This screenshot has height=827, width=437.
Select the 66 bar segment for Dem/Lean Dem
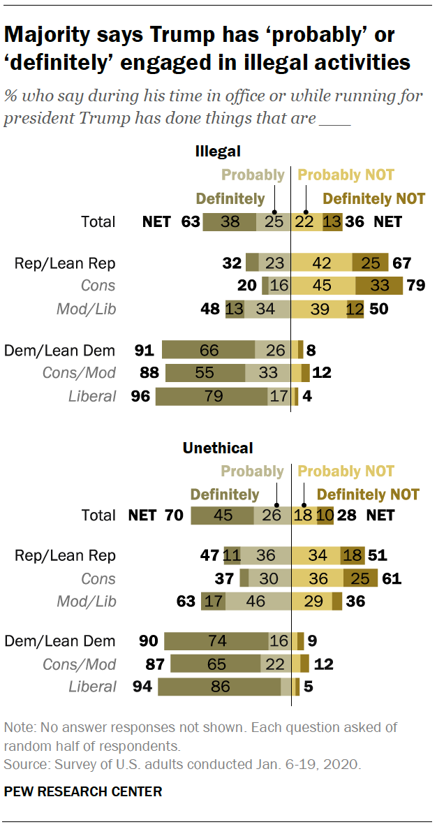point(208,351)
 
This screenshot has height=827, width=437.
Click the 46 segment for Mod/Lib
point(257,601)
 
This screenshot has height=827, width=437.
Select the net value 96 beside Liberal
point(140,397)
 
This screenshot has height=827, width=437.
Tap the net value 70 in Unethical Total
point(174,515)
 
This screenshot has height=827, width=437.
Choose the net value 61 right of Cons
point(391,578)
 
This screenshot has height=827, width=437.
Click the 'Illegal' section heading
point(218,151)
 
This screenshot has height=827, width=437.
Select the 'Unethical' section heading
point(218,448)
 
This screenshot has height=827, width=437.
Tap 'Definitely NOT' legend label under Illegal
point(373,199)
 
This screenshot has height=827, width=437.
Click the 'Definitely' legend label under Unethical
point(224,495)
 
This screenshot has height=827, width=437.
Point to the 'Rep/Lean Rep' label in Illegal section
point(65,263)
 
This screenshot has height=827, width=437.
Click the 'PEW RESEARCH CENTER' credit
point(83,791)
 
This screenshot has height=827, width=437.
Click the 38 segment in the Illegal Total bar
point(229,222)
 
